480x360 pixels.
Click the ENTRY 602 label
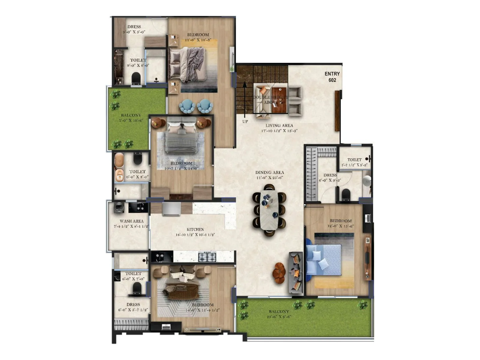pos(332,77)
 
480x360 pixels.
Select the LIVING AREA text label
pos(279,126)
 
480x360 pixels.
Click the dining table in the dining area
pos(269,211)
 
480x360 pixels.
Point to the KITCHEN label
pos(195,229)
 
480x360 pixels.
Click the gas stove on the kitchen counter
pos(207,257)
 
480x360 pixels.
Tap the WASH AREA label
pos(131,221)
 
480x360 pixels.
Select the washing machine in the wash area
pos(119,208)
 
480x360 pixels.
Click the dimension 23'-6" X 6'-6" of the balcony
pos(279,317)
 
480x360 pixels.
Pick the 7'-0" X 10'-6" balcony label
pos(131,120)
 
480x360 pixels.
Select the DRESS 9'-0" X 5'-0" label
pos(134,29)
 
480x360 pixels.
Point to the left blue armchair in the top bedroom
pos(187,106)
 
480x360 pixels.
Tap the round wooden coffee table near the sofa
pos(279,273)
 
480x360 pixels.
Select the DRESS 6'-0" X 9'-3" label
pos(330,178)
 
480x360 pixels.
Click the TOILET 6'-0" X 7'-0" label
pos(133,276)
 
